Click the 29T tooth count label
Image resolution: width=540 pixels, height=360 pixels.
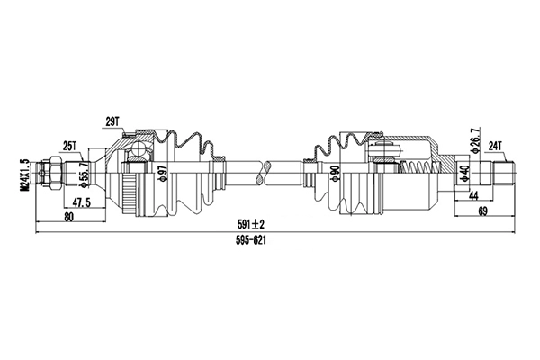point(112,121)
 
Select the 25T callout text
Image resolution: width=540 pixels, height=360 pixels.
point(69,147)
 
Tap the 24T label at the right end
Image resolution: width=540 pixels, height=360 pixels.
point(496,147)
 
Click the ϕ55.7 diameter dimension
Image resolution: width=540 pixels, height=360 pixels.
point(84,175)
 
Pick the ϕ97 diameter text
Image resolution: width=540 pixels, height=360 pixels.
point(163,174)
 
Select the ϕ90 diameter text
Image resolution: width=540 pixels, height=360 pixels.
point(336,174)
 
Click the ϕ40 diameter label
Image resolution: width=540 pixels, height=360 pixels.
point(464,174)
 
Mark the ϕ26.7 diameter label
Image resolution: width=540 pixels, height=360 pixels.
point(475,140)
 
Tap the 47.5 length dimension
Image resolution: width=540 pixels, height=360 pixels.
point(81,202)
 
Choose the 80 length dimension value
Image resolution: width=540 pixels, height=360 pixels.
point(69,217)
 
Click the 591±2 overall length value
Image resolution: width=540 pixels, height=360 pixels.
point(250,225)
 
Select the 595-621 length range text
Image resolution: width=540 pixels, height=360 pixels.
point(251,240)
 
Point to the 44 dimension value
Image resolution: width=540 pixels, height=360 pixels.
point(474,195)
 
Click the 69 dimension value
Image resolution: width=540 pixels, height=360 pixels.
point(482,212)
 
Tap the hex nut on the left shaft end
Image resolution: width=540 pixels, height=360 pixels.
point(56,173)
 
